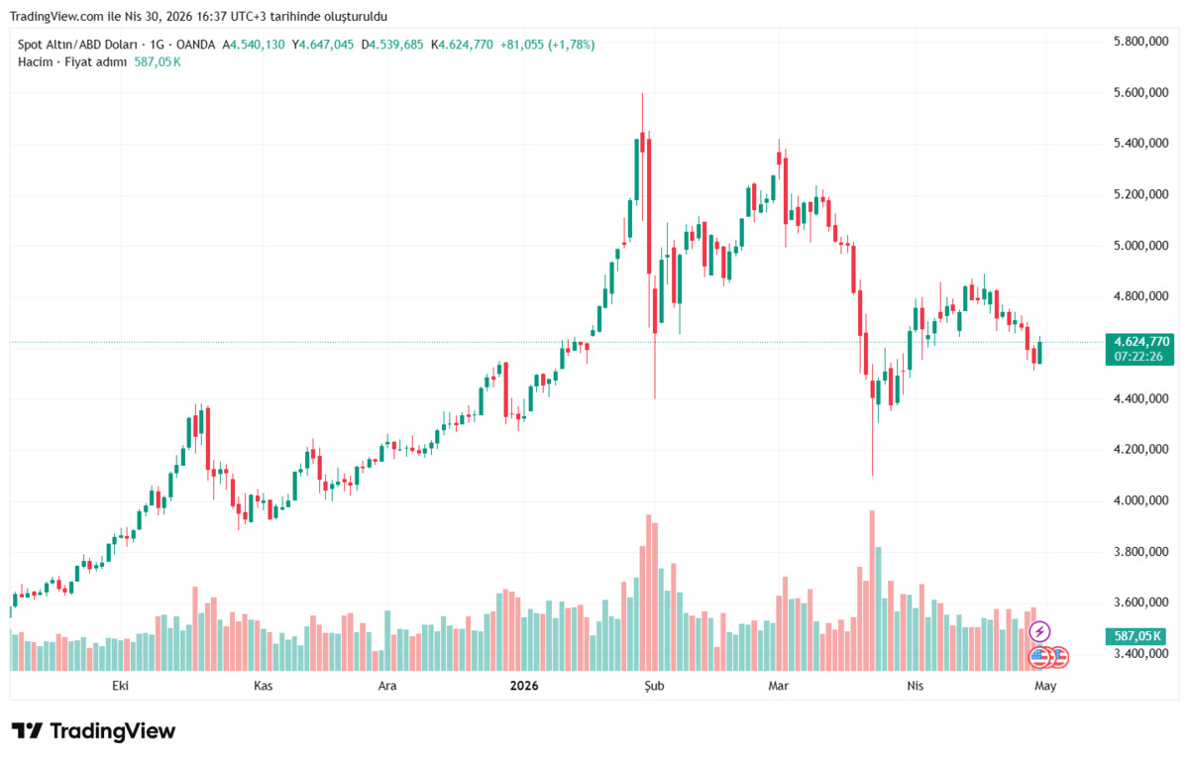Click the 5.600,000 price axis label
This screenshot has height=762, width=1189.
(1140, 92)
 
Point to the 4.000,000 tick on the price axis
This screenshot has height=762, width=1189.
(1140, 500)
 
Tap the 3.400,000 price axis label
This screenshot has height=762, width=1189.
(1140, 653)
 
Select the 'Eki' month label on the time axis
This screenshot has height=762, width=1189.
(120, 686)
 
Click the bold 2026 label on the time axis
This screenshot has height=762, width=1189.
(524, 686)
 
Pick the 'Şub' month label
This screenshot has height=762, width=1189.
(654, 686)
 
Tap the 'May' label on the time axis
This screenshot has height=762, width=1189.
(1045, 686)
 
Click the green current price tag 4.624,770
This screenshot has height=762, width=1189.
(1141, 342)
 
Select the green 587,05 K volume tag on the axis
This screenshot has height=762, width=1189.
(1137, 635)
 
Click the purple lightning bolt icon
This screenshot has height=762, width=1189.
(1039, 631)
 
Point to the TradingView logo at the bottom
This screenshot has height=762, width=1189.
(93, 731)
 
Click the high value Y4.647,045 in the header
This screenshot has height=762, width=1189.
(323, 45)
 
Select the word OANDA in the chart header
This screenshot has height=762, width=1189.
(195, 45)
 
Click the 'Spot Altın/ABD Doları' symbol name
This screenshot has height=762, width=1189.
(77, 45)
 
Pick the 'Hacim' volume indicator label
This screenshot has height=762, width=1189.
(35, 62)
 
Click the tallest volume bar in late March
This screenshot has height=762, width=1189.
(872, 591)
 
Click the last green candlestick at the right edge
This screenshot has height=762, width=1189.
(1039, 353)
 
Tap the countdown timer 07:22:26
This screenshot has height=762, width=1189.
(1138, 357)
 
